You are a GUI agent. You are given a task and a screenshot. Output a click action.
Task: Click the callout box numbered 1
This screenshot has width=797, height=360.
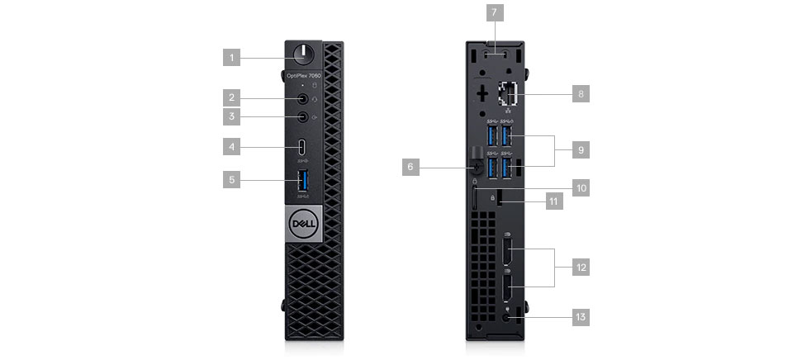[x=233, y=58]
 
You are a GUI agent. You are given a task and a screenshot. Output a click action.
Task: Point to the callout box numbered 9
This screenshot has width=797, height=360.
[x=581, y=150]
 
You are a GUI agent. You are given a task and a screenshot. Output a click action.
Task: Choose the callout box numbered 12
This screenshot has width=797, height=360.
[x=581, y=268]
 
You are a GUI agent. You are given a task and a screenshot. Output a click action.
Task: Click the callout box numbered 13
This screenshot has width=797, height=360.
[x=581, y=315]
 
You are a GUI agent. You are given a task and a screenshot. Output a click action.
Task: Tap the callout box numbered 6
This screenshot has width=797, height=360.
[x=409, y=167]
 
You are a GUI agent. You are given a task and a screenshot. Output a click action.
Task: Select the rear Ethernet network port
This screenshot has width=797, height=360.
[x=507, y=97]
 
